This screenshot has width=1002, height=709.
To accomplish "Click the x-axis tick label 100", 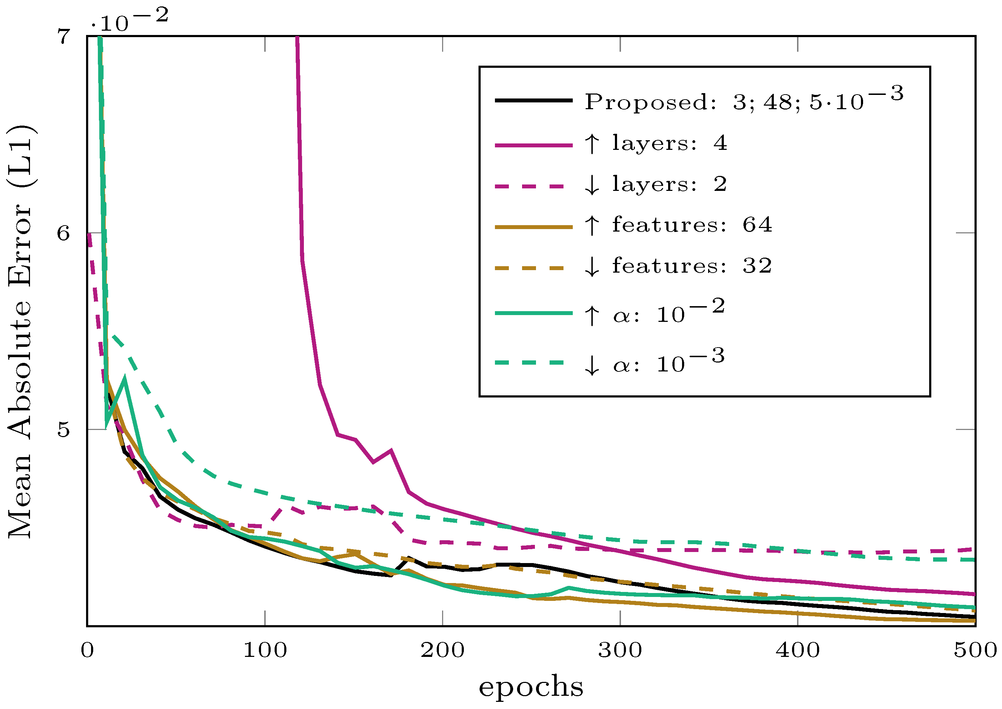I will click(265, 651).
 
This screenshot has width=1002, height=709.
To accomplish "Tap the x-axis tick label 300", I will click(620, 651).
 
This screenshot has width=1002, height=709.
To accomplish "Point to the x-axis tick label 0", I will click(87, 651).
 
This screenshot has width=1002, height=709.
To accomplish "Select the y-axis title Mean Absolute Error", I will click(21, 332).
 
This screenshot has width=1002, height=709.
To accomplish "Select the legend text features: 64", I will click(691, 225).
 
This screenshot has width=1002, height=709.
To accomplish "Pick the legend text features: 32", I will click(691, 266).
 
